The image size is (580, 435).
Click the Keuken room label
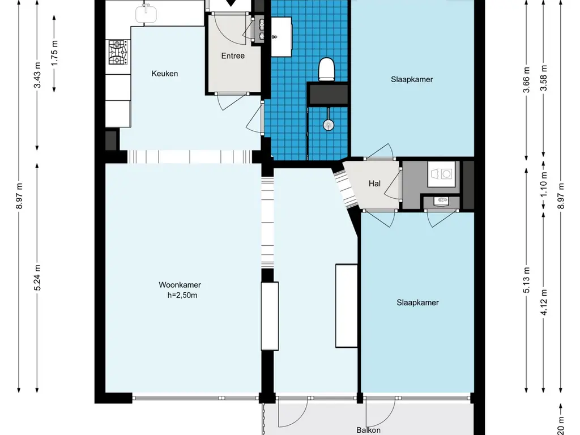165,74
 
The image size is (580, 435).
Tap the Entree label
233,56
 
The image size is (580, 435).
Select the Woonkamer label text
180,285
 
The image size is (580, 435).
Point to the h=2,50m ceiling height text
182,295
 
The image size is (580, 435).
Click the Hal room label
375,184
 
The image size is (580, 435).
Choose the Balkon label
368,430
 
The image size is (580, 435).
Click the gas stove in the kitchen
119,52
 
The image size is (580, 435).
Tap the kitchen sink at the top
146,14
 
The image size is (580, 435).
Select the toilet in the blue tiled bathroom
327,69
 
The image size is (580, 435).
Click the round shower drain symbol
329,125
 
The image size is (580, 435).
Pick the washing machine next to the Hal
442,173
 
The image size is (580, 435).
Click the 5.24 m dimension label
38,278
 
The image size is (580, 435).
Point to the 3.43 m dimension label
38,76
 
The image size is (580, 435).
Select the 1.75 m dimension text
55,53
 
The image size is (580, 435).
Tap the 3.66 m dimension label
527,79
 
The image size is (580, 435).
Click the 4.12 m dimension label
544,302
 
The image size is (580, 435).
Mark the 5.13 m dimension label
527,280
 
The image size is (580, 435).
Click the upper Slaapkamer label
412,79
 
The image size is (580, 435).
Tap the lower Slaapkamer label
417,302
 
